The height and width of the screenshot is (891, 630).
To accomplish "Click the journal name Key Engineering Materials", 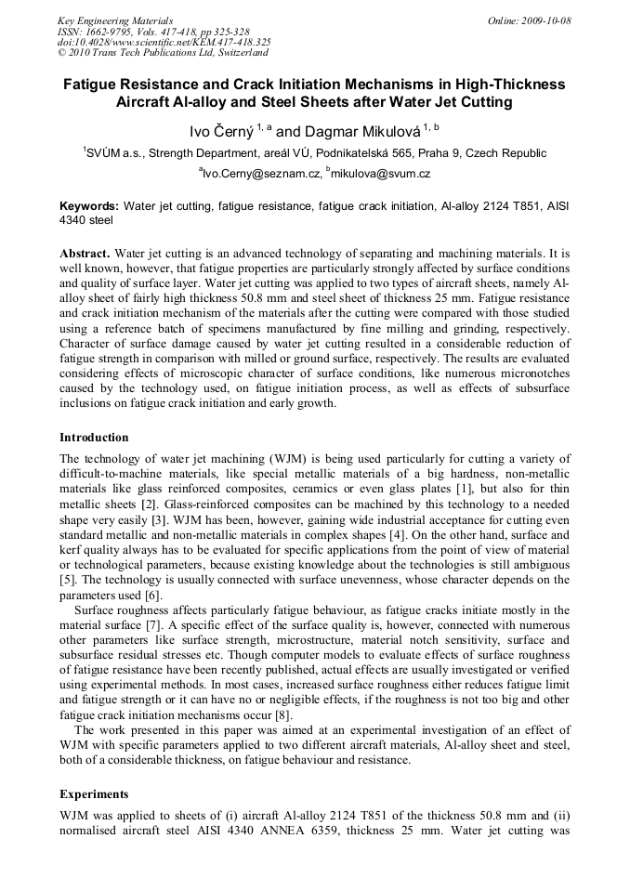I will coord(114,20).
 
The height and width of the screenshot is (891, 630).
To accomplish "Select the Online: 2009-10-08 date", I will coord(529,20).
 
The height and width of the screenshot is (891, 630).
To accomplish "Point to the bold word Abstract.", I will coord(85,253).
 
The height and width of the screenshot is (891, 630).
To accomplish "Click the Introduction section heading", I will coord(94,437).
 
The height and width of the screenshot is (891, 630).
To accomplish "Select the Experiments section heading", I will coord(94,794).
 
